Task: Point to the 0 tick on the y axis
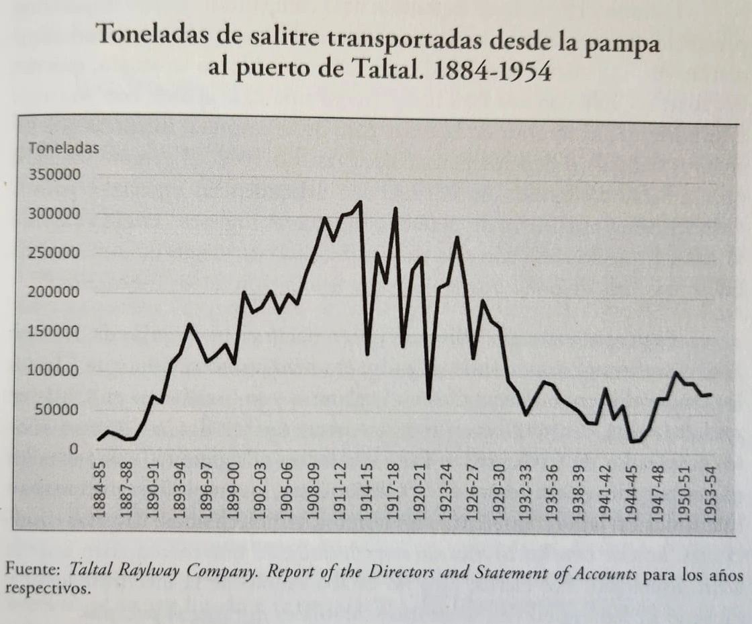click(75, 449)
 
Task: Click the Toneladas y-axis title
click(64, 148)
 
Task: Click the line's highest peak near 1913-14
click(361, 202)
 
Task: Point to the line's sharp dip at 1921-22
click(429, 398)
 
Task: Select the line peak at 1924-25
click(457, 237)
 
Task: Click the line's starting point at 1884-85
click(99, 440)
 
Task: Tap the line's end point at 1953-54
click(710, 394)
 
